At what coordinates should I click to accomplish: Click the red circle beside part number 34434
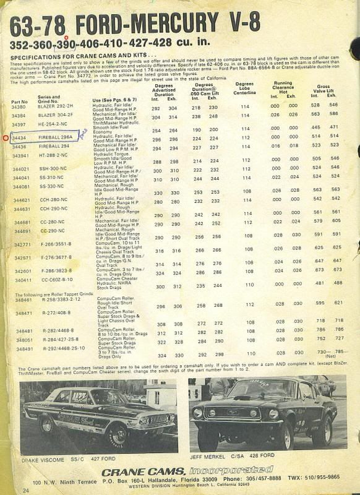pyautogui.click(x=6, y=138)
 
